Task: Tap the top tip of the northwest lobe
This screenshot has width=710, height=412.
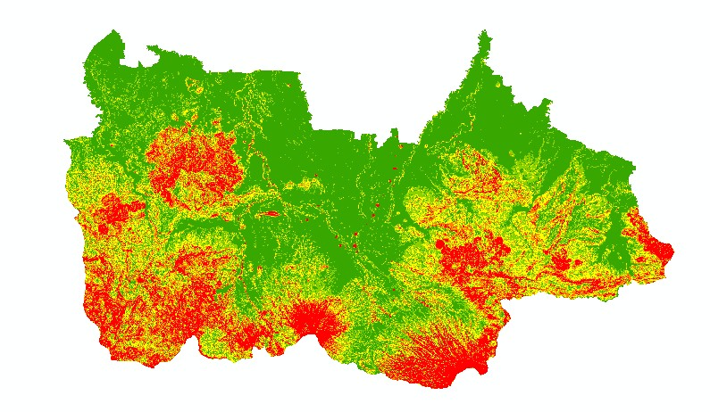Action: pyautogui.click(x=113, y=32)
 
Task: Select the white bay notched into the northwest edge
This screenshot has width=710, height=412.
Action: pyautogui.click(x=135, y=60)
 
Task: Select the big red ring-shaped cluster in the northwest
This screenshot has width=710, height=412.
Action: pyautogui.click(x=192, y=165)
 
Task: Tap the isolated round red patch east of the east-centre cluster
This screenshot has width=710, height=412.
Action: pyautogui.click(x=561, y=264)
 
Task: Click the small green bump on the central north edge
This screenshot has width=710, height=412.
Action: pyautogui.click(x=392, y=134)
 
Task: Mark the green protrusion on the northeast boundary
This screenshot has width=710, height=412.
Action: pyautogui.click(x=630, y=165)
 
